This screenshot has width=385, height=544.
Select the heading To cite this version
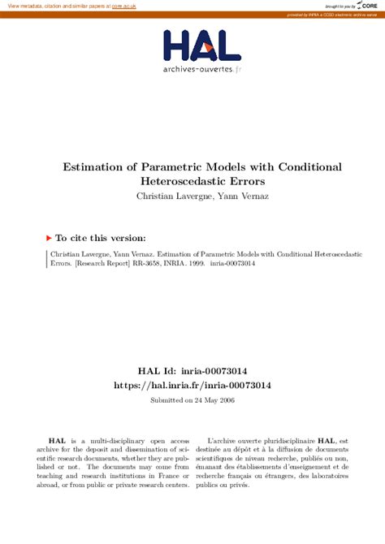click(x=101, y=238)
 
